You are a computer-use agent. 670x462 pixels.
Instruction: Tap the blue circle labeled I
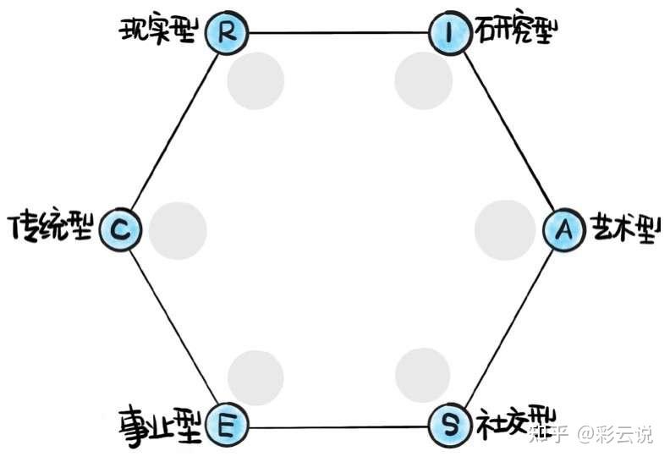(x=450, y=33)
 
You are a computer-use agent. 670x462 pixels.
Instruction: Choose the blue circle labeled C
(x=120, y=228)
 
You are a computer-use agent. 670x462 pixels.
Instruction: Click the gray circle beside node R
(x=255, y=80)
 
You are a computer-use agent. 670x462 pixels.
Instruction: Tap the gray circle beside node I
(x=423, y=80)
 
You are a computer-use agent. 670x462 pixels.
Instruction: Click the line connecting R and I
(x=338, y=33)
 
